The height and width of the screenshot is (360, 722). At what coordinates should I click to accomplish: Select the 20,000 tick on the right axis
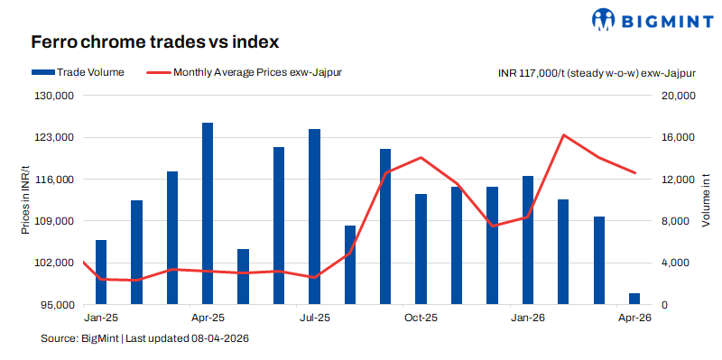click(671, 96)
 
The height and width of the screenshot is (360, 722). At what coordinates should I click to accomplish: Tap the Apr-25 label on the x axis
click(208, 318)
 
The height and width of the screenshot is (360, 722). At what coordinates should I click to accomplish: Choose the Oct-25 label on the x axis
click(421, 318)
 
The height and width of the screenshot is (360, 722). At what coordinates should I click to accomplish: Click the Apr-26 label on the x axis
click(634, 318)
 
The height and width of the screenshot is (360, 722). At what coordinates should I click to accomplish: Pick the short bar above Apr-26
click(634, 300)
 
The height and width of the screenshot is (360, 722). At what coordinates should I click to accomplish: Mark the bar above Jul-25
click(314, 217)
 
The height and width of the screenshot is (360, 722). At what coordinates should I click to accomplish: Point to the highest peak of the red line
click(563, 135)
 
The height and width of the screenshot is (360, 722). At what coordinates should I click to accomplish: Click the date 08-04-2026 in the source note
click(219, 338)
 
